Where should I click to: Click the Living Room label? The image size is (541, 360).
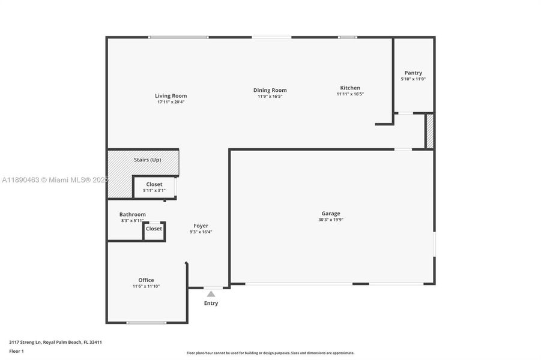171,95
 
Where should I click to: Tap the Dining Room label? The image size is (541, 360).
270,90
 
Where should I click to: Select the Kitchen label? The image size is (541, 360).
350,88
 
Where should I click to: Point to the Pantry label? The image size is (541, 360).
413,73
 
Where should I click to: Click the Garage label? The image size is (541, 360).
330,213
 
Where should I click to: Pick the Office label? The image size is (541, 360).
146,280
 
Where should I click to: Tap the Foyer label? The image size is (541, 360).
201,226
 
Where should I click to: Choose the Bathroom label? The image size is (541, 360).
132,214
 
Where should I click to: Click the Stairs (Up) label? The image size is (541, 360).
147,160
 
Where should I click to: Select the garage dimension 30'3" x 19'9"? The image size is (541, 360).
330,220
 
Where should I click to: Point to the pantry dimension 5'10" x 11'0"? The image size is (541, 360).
413,79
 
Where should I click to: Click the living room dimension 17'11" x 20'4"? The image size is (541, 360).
171,102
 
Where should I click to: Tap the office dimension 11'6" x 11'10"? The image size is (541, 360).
146,286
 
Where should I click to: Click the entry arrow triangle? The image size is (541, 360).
211,294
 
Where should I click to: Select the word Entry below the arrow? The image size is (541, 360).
211,303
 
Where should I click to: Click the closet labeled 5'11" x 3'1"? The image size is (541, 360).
154,187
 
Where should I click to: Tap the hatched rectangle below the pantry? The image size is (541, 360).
429,130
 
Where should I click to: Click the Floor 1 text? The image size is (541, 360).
16,350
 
